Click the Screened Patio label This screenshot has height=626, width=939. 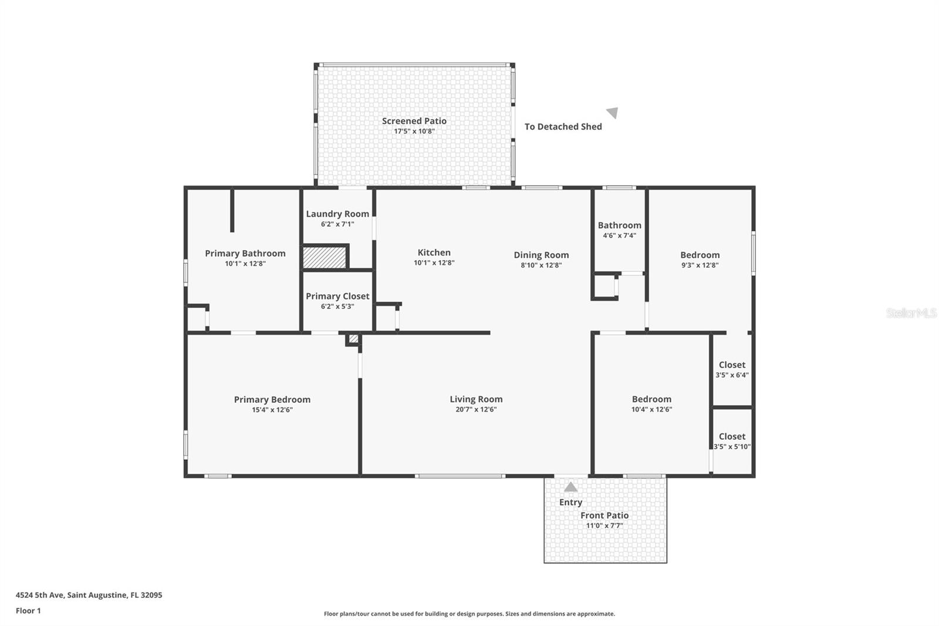point(414,121)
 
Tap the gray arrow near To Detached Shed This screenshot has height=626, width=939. point(612,113)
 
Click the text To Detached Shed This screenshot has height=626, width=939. point(563,127)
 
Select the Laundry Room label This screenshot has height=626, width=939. point(337,214)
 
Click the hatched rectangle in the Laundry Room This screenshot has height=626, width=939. point(325,257)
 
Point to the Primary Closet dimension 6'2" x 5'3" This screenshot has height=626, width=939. point(337,307)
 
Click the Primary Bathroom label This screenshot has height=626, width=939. point(245,254)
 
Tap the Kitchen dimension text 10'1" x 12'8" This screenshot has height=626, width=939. point(434,263)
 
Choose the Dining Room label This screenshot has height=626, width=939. point(541,255)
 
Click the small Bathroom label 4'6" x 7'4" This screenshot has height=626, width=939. point(619,235)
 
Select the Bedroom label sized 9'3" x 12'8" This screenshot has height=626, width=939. point(700,255)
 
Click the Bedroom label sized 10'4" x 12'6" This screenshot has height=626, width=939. point(651,399)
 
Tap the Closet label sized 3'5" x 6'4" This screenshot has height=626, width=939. point(732,365)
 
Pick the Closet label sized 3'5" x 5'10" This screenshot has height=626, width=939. point(732,437)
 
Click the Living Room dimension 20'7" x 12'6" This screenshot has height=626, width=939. point(476,410)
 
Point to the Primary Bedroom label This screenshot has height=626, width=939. point(272,400)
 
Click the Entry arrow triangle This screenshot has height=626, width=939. point(570,487)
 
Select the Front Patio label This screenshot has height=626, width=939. point(604,516)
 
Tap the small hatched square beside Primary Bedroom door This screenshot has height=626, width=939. point(353,339)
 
